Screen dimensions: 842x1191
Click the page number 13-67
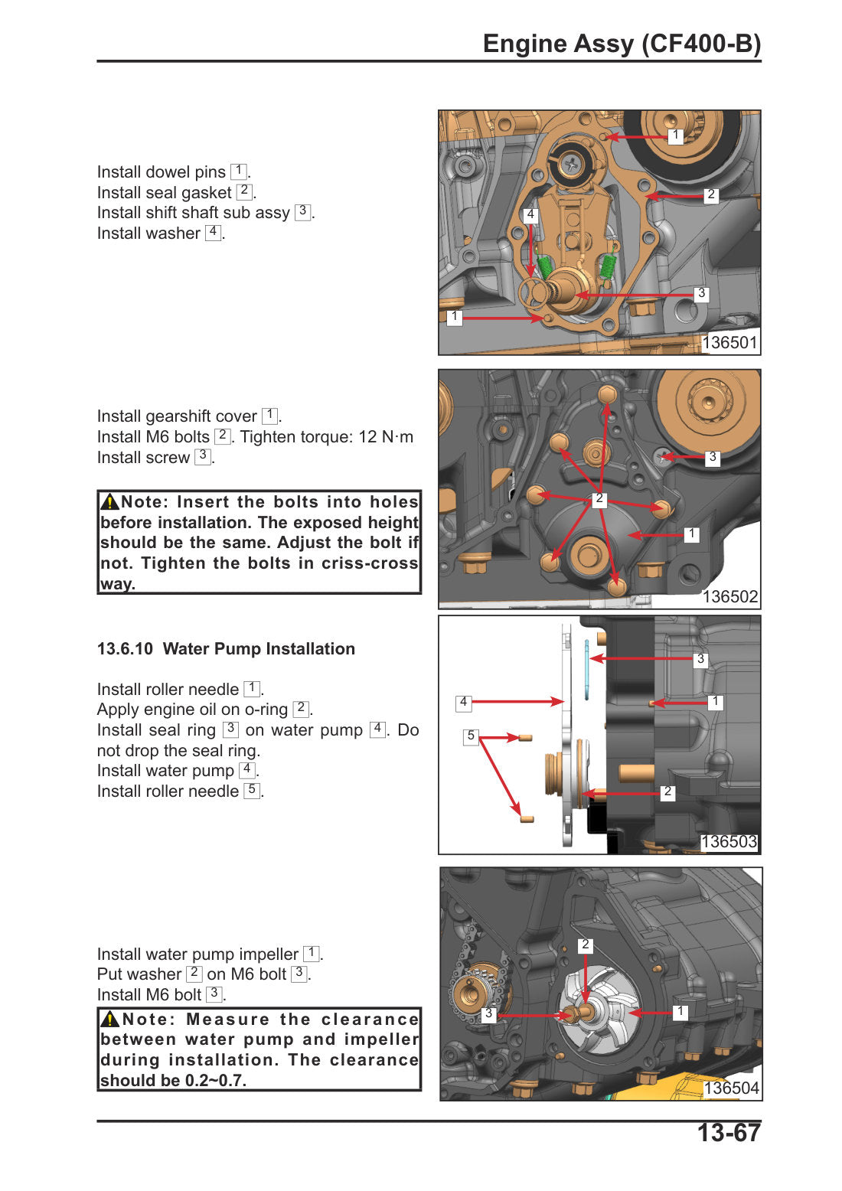(728, 1133)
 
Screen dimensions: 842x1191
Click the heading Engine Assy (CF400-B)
(622, 44)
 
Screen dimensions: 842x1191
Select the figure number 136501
(729, 342)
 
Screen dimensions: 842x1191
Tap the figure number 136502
(729, 596)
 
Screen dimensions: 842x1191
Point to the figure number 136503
(729, 842)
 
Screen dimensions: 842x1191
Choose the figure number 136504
(731, 1088)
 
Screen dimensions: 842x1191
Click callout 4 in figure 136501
(530, 214)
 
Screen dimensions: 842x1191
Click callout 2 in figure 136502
(599, 499)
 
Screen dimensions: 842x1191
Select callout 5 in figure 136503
(471, 736)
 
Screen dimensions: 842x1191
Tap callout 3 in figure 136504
(488, 1013)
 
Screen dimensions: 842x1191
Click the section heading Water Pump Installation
(259, 648)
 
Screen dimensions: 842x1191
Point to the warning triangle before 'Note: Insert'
(109, 501)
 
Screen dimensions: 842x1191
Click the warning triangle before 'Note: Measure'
(109, 1019)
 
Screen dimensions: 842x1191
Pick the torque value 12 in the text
(367, 437)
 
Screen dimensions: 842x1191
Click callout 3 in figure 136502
(713, 457)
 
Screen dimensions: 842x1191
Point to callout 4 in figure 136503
(464, 703)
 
